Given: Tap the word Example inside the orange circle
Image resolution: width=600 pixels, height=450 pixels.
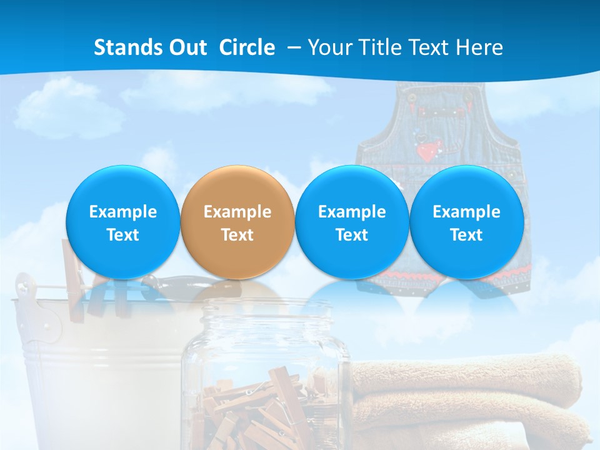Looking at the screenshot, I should (237, 212).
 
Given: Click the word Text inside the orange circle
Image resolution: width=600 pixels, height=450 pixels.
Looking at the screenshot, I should (237, 235).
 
